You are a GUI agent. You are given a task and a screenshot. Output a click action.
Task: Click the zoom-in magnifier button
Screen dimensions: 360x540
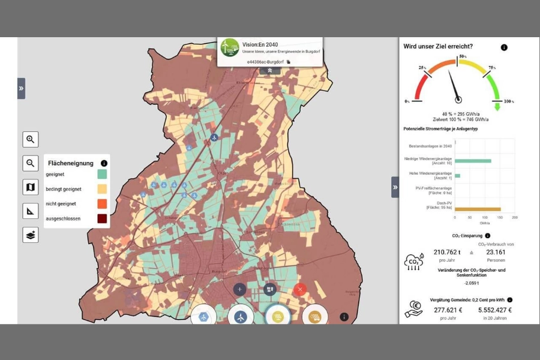click(31, 140)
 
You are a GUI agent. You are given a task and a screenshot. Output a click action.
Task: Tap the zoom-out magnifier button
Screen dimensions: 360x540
click(31, 163)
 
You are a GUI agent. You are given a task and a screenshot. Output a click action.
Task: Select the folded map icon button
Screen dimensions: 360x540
click(31, 187)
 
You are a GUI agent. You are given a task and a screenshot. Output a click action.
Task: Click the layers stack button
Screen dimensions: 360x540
click(31, 235)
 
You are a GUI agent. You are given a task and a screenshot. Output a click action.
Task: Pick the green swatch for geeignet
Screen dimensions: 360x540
click(103, 175)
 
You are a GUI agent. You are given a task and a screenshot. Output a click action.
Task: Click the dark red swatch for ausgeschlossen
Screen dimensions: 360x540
click(103, 218)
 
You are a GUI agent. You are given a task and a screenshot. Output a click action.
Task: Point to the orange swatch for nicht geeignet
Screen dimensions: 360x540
click(103, 204)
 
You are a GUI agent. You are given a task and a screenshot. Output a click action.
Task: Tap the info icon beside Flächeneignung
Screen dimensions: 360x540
click(104, 163)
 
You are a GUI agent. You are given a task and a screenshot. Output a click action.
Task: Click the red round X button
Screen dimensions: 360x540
click(300, 289)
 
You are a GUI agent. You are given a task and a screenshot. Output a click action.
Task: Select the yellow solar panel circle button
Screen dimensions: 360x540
click(278, 316)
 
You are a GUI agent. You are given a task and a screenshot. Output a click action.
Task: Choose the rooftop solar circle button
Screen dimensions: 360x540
click(314, 316)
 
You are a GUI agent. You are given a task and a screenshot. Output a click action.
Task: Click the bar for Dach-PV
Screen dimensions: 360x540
click(478, 209)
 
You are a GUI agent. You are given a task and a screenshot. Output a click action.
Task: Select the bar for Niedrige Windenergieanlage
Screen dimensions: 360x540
click(473, 161)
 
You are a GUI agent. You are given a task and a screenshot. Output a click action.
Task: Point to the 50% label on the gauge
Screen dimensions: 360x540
click(463, 55)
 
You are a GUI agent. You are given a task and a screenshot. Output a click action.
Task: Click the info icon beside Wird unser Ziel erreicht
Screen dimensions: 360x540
click(504, 47)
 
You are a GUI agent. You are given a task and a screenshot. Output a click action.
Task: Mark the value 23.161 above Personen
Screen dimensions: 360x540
click(494, 252)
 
